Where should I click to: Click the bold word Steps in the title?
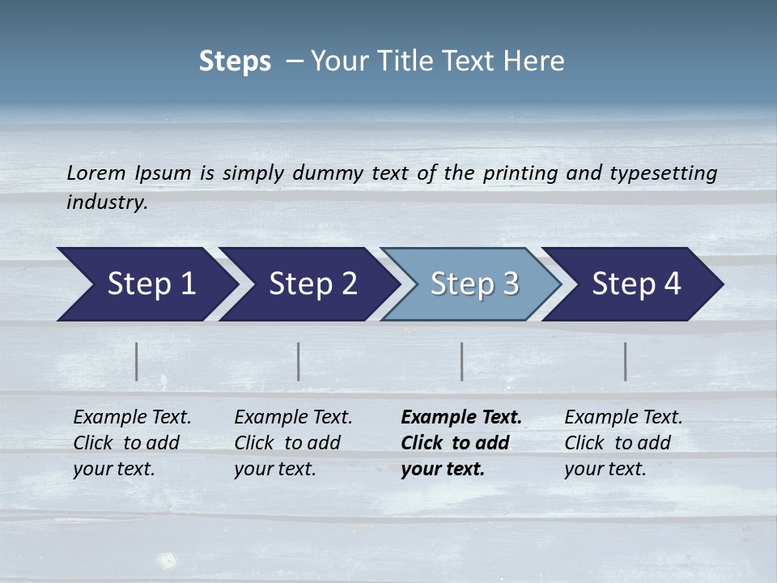(x=235, y=62)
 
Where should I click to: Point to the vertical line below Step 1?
(x=137, y=361)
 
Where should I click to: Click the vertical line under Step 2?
(x=299, y=361)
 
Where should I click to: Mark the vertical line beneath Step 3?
(x=462, y=361)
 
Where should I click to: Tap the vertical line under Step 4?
(x=626, y=361)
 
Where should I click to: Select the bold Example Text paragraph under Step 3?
(x=461, y=443)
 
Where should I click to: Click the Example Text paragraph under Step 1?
(x=132, y=443)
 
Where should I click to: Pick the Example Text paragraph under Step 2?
(x=293, y=443)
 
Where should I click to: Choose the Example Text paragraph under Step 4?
(x=623, y=443)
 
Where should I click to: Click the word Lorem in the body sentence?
(x=96, y=173)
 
